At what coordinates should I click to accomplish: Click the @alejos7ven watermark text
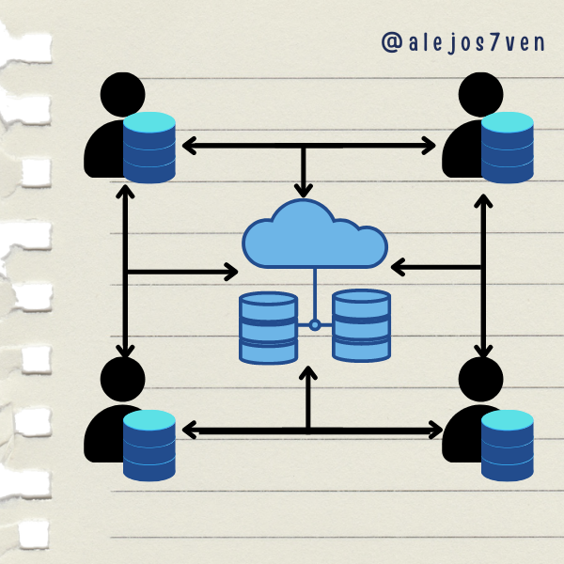click(x=467, y=42)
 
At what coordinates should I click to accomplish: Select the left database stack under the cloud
click(x=268, y=327)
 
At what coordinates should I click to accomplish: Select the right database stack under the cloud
click(x=361, y=325)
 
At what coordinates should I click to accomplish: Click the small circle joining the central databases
click(x=315, y=325)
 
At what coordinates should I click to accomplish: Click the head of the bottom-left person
click(x=121, y=381)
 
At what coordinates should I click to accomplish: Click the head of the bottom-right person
click(x=481, y=381)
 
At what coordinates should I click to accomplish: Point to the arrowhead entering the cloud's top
click(x=303, y=188)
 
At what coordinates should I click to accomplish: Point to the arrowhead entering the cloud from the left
click(x=229, y=272)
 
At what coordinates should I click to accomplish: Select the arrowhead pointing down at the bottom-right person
click(x=483, y=349)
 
